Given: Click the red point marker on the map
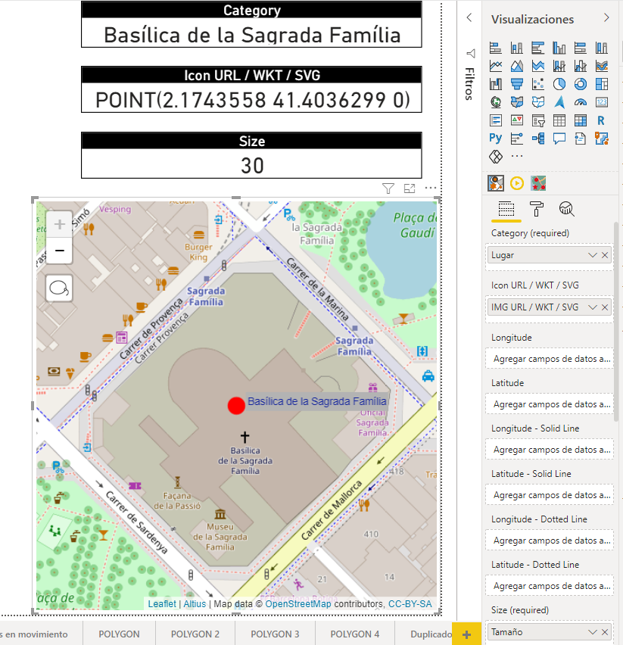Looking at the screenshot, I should (x=236, y=406).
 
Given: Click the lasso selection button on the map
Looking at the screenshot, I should (x=59, y=288).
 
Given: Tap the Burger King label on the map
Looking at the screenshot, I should (x=198, y=252).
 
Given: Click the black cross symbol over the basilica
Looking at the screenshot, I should (x=245, y=437).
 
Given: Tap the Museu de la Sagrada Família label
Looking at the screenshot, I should (x=220, y=537).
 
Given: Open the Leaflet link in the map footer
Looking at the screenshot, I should (x=161, y=604).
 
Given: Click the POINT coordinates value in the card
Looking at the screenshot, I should (x=252, y=100).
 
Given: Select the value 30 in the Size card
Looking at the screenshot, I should (x=252, y=165).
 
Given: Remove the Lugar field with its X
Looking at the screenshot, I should (x=605, y=256).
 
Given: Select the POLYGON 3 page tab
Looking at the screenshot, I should (x=275, y=634).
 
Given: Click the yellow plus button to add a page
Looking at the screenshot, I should (x=466, y=634).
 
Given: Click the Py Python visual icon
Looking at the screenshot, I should (x=496, y=138).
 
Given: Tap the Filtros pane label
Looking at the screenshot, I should (x=469, y=83).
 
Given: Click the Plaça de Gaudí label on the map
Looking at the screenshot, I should (x=414, y=225).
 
